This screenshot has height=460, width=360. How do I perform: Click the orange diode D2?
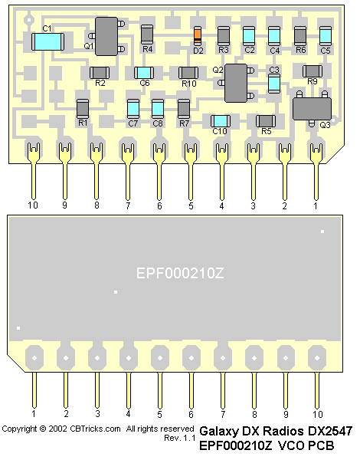(198, 36)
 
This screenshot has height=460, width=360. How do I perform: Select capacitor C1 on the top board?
(47, 41)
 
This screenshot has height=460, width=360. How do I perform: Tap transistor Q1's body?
(106, 36)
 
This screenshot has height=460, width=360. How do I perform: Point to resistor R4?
(147, 34)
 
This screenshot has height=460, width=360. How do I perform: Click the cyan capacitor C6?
(144, 73)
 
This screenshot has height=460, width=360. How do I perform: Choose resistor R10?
(188, 73)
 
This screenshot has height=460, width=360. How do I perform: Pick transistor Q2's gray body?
(236, 83)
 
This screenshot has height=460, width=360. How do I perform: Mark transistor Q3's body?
(312, 109)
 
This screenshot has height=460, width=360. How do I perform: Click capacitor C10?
(221, 121)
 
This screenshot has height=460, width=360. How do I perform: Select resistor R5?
(266, 121)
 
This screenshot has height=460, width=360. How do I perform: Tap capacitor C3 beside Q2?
(274, 84)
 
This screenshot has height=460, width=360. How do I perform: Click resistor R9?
(313, 71)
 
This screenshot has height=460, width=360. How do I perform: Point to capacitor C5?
(325, 36)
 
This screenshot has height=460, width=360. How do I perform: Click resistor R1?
(83, 109)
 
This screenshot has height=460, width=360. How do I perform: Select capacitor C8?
(158, 109)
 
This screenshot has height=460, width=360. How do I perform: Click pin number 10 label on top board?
(33, 205)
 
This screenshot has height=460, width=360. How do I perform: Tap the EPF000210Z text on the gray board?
(180, 273)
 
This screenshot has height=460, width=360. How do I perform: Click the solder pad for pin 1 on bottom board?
(34, 357)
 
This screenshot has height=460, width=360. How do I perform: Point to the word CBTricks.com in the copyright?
(95, 429)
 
